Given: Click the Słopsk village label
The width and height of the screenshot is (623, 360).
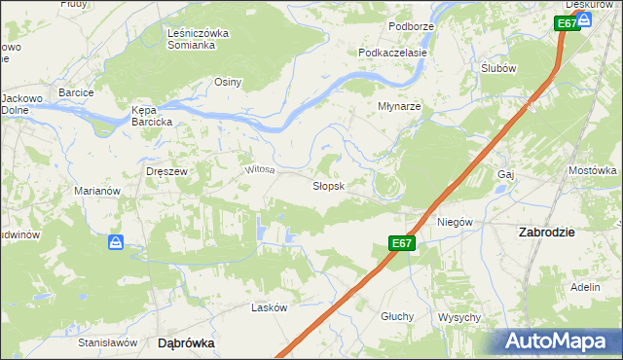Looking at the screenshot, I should (x=328, y=186).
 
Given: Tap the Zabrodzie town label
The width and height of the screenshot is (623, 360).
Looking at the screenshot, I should (x=546, y=232).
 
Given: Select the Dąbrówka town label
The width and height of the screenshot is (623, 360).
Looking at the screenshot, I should (x=186, y=342).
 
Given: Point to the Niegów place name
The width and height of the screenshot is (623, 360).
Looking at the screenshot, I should (x=455, y=221).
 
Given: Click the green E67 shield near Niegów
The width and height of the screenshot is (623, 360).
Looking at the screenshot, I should (x=403, y=243).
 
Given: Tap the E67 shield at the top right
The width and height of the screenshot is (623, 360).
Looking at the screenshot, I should (x=567, y=23).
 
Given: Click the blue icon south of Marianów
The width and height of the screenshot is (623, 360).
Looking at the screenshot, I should (x=115, y=241).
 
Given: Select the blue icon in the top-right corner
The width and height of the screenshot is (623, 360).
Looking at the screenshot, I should (x=585, y=18).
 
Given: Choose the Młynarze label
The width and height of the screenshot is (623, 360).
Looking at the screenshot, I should (x=399, y=106).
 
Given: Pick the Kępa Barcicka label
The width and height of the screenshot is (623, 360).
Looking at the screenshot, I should (x=152, y=116).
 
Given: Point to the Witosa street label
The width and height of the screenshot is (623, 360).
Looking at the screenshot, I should (x=260, y=169).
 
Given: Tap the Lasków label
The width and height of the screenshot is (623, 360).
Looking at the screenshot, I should (x=270, y=307).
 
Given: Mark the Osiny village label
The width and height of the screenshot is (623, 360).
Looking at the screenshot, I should (x=228, y=82).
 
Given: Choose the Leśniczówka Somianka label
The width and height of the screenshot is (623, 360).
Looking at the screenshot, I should (x=198, y=39).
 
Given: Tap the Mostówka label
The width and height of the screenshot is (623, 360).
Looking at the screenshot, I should (x=593, y=170).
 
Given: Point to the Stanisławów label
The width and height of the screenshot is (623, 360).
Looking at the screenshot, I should (x=105, y=342).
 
